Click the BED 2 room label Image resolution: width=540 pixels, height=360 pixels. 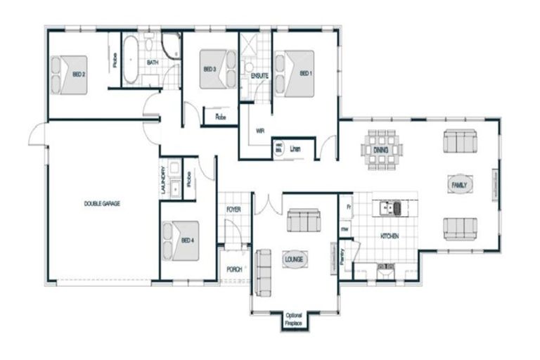(79, 74)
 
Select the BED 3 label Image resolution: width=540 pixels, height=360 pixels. (209, 69)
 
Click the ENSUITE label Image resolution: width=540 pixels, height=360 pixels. (251, 75)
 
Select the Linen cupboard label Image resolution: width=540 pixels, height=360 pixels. (296, 148)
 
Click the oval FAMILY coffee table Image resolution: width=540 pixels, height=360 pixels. (460, 184)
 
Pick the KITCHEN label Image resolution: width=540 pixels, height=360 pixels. (390, 236)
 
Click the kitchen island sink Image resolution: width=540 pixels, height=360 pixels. (388, 208)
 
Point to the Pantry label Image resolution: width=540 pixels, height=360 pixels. (342, 254)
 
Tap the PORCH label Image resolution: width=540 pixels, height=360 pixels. (234, 269)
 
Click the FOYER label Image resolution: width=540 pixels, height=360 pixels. (233, 210)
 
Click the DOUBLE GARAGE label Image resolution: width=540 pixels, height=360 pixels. (102, 203)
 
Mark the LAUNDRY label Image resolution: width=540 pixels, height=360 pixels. (163, 181)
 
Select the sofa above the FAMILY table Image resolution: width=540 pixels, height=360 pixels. (460, 141)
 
